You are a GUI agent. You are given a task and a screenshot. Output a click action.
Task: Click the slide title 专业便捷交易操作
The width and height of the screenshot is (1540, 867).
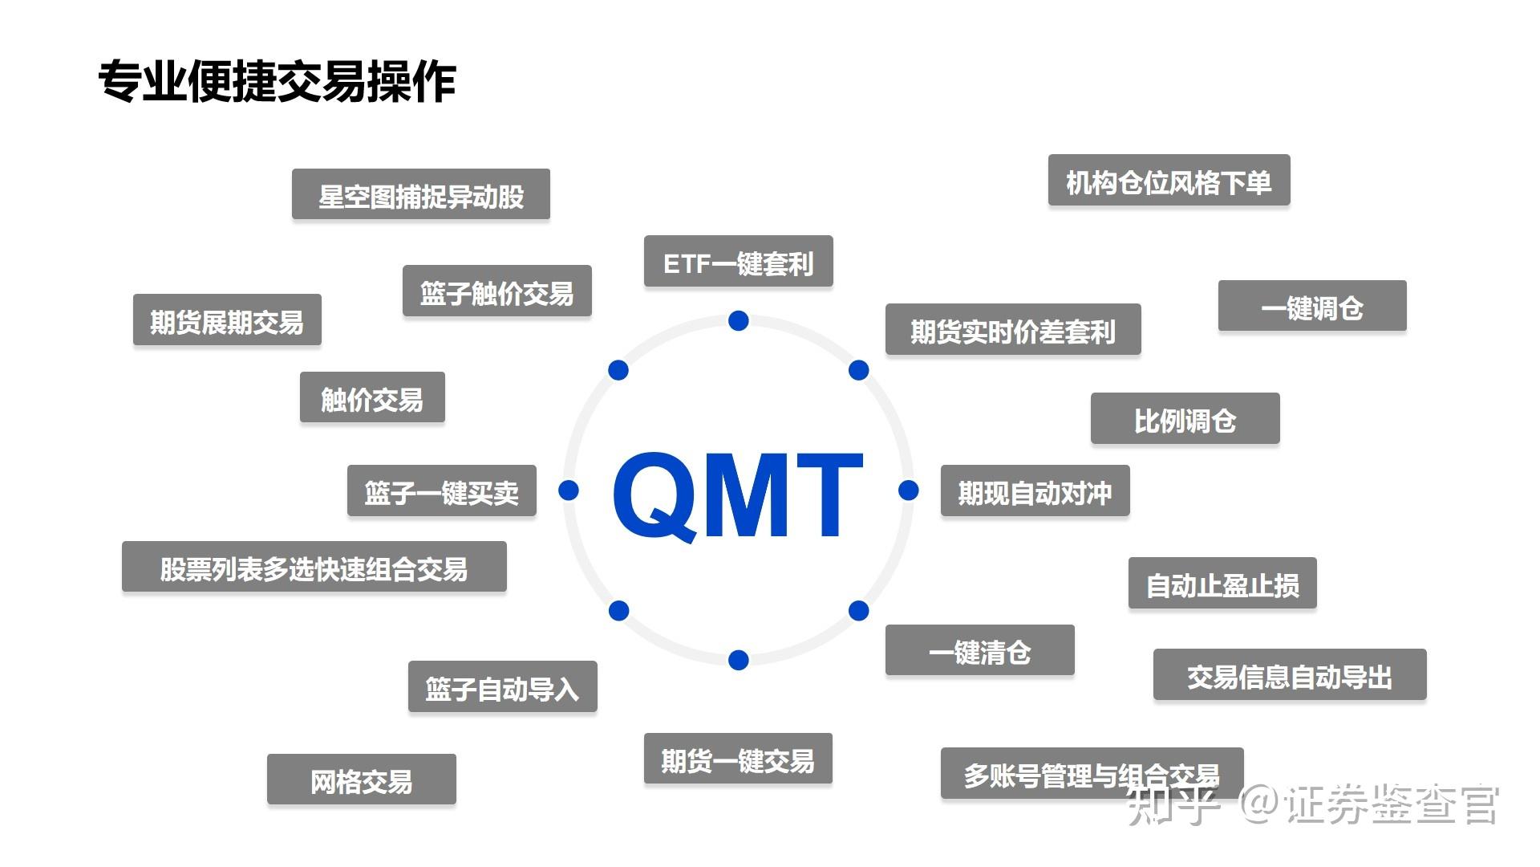click(277, 82)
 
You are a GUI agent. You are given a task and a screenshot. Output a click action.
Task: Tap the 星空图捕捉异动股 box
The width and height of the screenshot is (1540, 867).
click(420, 194)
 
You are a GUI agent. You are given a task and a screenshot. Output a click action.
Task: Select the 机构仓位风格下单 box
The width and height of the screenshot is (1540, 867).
click(1169, 181)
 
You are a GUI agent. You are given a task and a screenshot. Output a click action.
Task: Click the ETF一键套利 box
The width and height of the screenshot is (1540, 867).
click(738, 262)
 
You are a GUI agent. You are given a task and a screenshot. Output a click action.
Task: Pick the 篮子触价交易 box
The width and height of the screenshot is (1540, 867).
click(496, 291)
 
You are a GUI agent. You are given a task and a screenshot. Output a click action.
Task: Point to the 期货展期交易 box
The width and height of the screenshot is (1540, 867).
click(227, 320)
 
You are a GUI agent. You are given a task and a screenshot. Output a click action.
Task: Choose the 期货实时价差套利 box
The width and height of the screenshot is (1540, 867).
click(1012, 329)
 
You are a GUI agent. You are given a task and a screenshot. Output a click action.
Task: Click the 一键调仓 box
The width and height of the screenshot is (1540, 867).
click(1311, 306)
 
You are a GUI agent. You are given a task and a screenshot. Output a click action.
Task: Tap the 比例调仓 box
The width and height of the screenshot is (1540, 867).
click(1185, 418)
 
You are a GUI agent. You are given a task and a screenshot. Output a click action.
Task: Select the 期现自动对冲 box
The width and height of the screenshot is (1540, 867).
click(1035, 490)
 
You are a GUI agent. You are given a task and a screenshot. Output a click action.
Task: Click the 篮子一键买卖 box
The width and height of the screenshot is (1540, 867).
click(441, 490)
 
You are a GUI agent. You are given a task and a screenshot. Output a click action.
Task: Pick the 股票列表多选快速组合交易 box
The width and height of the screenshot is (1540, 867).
click(314, 567)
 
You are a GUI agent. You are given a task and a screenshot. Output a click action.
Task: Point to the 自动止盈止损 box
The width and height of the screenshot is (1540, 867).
click(1222, 584)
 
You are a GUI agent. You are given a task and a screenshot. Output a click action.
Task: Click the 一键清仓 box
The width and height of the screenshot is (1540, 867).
click(979, 650)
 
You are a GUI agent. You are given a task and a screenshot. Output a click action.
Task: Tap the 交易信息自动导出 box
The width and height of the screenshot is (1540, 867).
click(1289, 675)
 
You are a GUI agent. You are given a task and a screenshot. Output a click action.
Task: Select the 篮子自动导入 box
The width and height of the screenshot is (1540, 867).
click(502, 687)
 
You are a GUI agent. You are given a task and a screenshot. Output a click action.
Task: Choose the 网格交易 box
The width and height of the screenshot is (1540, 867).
click(361, 779)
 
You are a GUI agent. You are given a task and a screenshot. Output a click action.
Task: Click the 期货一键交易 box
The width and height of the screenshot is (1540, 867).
click(738, 759)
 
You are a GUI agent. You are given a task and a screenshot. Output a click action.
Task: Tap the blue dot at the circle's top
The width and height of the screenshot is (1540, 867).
click(739, 321)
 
